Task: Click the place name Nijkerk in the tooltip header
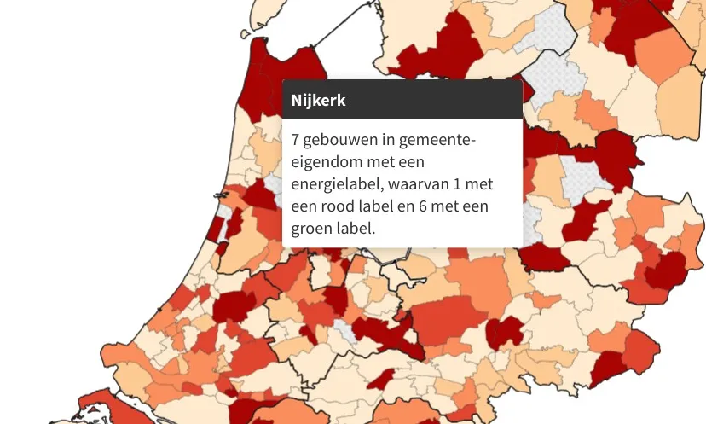coord(318,100)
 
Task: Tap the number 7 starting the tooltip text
coord(295,140)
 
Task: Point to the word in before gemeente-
coord(385,140)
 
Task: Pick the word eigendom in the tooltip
coord(321,162)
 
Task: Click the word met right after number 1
coord(479,184)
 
